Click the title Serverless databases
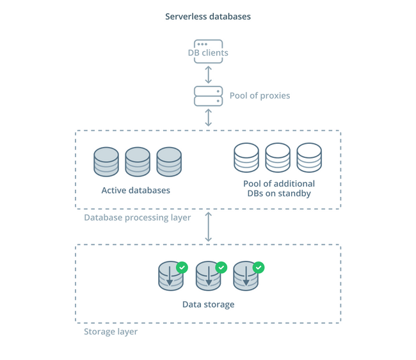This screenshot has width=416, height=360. click(x=208, y=17)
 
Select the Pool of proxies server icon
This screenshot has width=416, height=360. click(x=208, y=96)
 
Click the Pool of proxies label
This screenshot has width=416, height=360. click(x=260, y=96)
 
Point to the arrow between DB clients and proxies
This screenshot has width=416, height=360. click(x=208, y=75)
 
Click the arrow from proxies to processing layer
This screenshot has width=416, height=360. click(x=208, y=118)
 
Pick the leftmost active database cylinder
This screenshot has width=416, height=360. click(x=106, y=162)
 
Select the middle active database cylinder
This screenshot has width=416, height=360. click(x=138, y=162)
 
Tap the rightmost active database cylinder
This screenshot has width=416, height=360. click(x=169, y=162)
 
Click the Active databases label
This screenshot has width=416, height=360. click(x=136, y=191)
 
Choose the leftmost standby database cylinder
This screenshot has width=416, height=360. click(x=246, y=158)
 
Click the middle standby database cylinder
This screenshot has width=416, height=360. click(x=278, y=158)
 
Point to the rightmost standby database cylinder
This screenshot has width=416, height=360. click(x=309, y=158)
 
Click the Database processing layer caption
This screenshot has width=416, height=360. click(x=138, y=217)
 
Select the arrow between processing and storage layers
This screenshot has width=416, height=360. click(x=208, y=227)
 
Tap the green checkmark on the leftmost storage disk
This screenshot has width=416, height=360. click(x=182, y=267)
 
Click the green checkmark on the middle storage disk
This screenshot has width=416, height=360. click(x=221, y=267)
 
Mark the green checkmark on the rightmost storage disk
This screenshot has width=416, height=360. click(x=259, y=267)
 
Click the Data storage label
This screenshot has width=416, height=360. click(x=208, y=304)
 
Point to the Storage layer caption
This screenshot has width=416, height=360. click(x=111, y=332)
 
